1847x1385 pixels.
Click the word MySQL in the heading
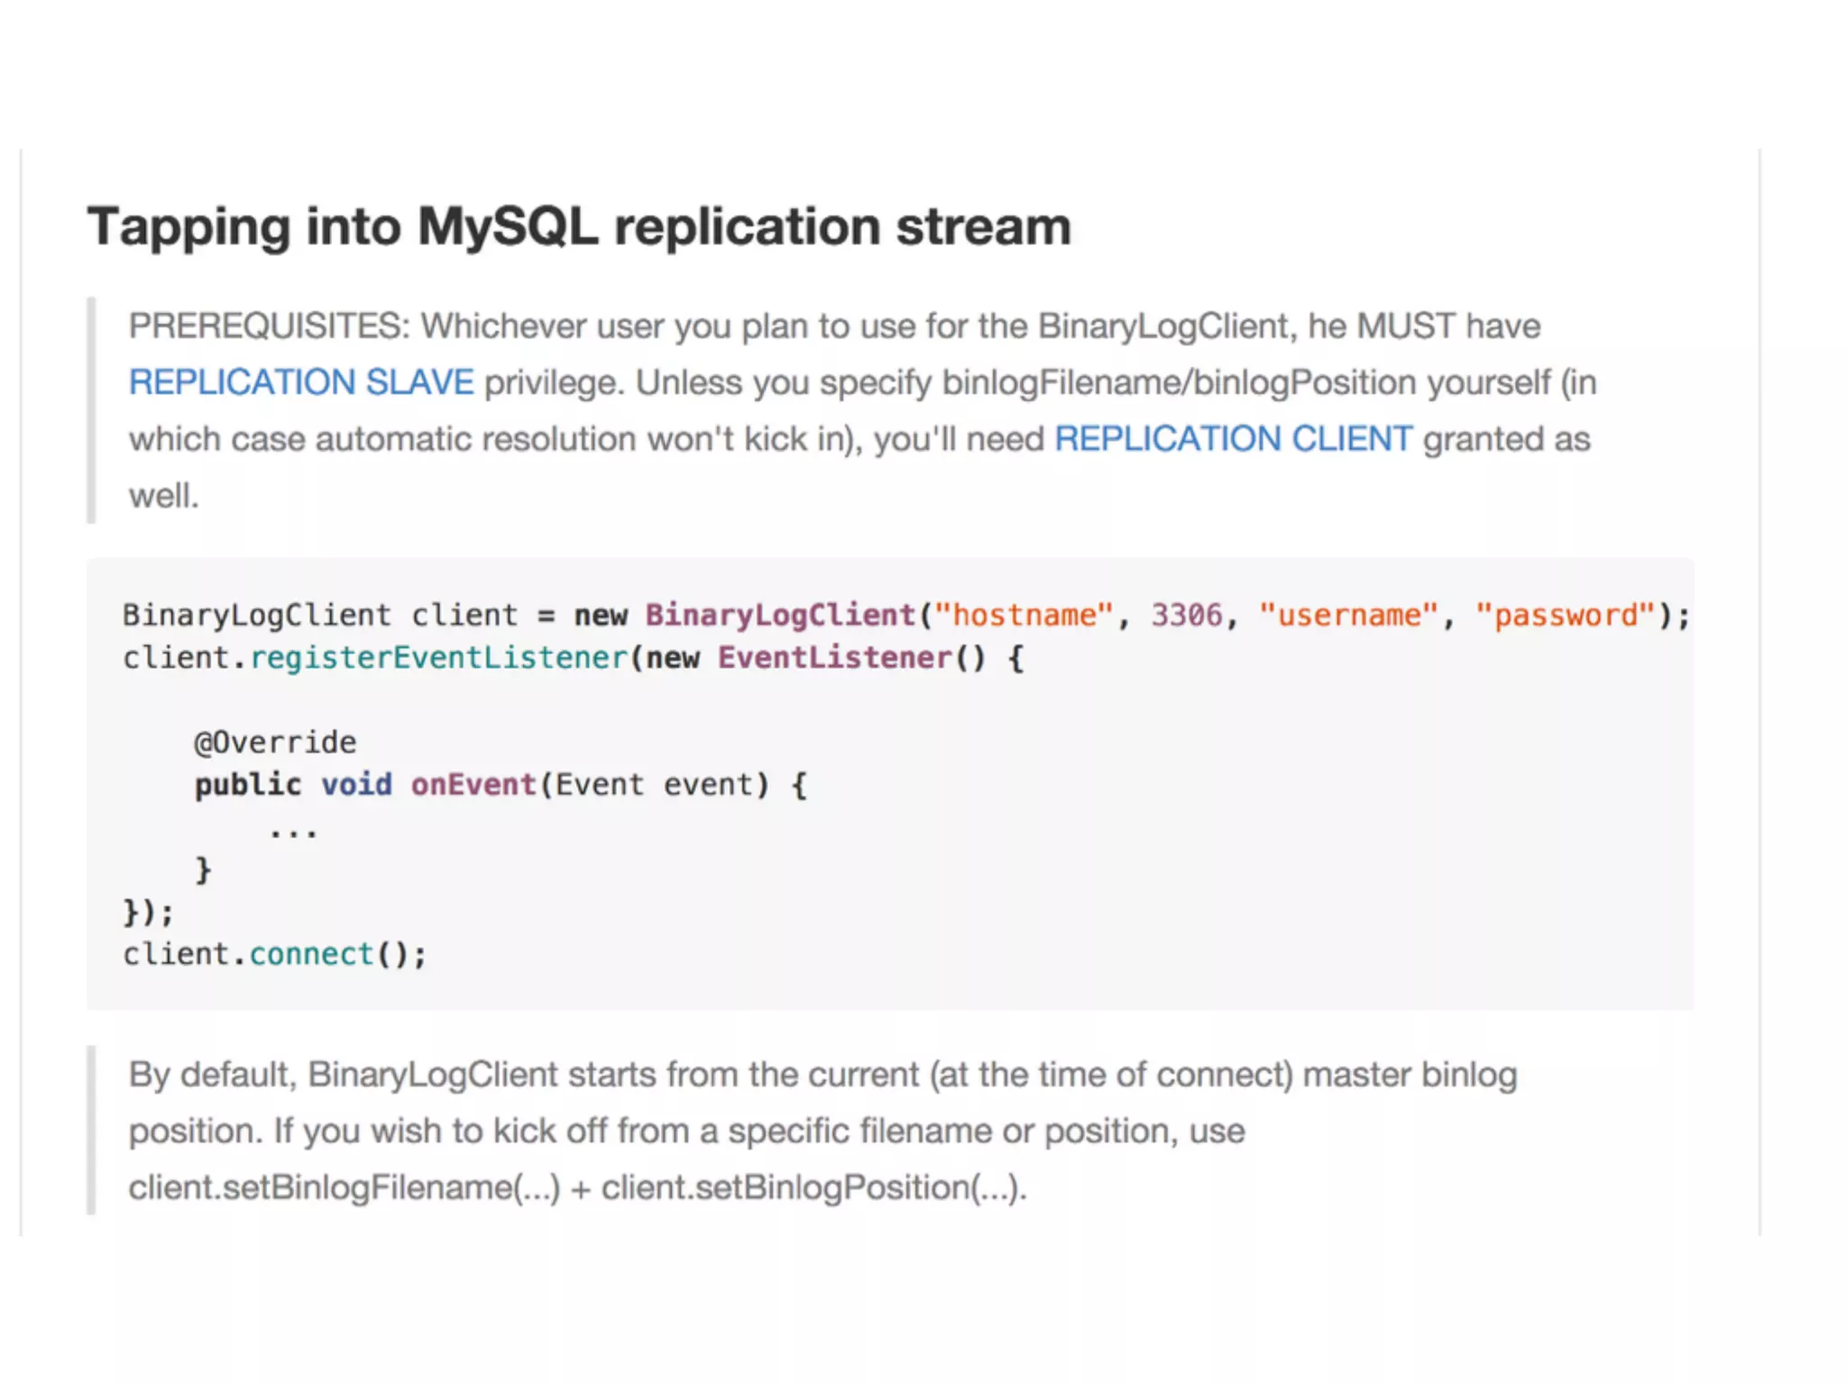(508, 226)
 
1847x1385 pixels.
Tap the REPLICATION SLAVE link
(300, 383)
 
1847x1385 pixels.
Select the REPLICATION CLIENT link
(1233, 439)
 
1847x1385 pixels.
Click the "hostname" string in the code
(1024, 616)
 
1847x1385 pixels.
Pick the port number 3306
(1186, 616)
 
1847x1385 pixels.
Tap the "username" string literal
(1348, 616)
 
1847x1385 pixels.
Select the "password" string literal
(1566, 616)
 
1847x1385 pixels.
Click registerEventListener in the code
(437, 658)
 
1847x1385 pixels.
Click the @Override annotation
(275, 743)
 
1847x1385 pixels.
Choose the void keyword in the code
(356, 785)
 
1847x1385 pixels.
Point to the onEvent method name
(473, 785)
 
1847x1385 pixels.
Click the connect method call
(311, 955)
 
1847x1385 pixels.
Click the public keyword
(248, 785)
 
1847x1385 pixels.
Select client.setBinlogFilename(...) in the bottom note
(344, 1188)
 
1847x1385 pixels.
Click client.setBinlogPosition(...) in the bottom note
(813, 1188)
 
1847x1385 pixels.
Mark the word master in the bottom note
(1356, 1076)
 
